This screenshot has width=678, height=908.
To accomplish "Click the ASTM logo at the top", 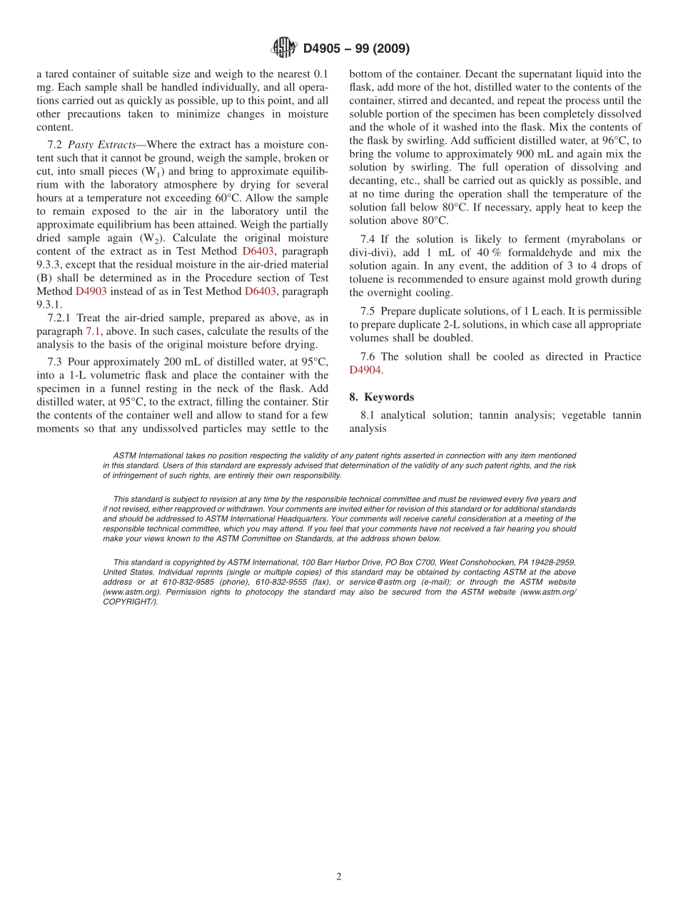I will (x=283, y=48).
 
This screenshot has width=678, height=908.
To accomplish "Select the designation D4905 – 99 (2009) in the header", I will (x=356, y=49).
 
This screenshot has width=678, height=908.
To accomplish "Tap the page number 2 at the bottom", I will (x=339, y=877).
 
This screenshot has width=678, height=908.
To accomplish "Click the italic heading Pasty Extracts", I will (x=102, y=144).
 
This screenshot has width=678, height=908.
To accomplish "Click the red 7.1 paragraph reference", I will (x=93, y=331).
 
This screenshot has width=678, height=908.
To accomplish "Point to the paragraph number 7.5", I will (x=368, y=311).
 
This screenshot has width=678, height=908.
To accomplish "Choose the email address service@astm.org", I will (x=376, y=582).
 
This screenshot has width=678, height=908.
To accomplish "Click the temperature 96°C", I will (x=617, y=141).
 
